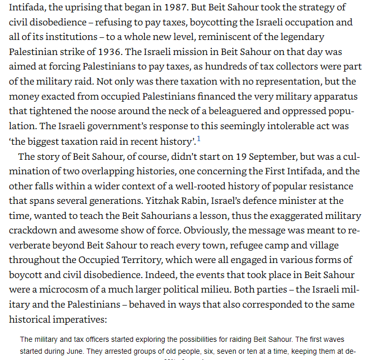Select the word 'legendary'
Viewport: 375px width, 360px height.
pos(299,37)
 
